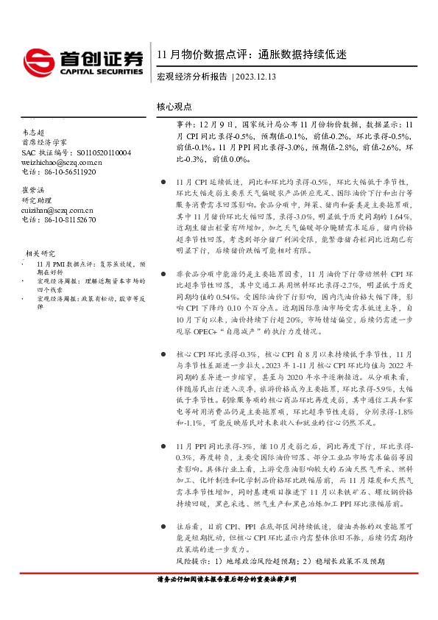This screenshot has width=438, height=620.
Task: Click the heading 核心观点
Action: [174, 107]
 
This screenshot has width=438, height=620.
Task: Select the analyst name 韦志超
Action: [34, 132]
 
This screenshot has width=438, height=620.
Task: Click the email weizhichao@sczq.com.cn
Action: [62, 162]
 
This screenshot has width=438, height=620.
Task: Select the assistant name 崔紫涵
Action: [34, 190]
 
